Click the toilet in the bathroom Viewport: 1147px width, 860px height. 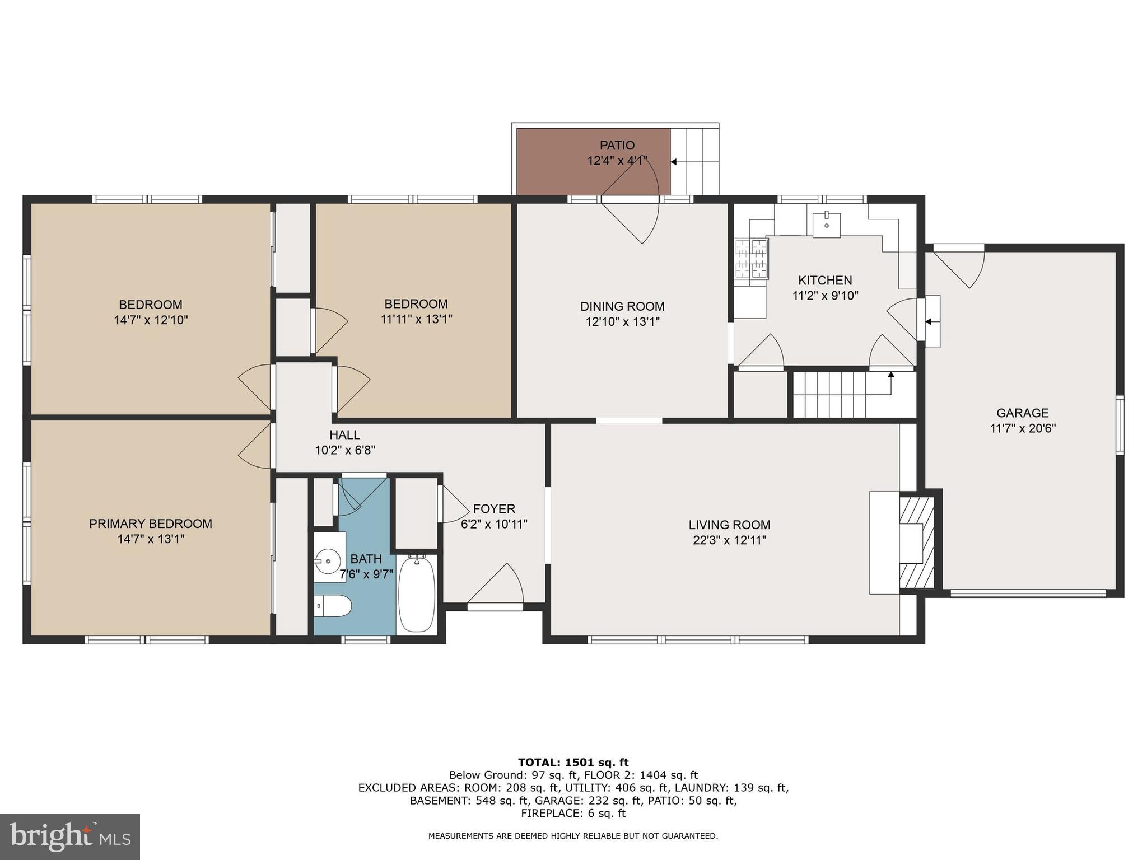click(332, 606)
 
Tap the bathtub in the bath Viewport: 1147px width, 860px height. click(416, 594)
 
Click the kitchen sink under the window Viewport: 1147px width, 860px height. click(827, 224)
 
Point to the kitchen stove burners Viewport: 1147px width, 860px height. click(751, 259)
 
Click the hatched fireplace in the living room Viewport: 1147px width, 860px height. click(917, 543)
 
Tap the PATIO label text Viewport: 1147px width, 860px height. click(617, 146)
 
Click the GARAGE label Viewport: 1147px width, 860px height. click(1022, 413)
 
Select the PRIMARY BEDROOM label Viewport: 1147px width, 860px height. click(151, 524)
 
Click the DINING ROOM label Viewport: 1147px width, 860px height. click(622, 306)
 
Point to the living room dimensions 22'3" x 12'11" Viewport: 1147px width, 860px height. click(729, 540)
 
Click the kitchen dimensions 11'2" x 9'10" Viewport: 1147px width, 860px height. click(825, 296)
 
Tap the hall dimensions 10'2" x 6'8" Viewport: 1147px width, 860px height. click(345, 450)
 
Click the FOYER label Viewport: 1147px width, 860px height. click(494, 509)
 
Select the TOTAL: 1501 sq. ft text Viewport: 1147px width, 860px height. click(573, 762)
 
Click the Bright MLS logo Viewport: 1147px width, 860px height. click(70, 837)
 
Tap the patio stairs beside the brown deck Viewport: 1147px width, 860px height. click(694, 161)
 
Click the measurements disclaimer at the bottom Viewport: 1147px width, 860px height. click(573, 836)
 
